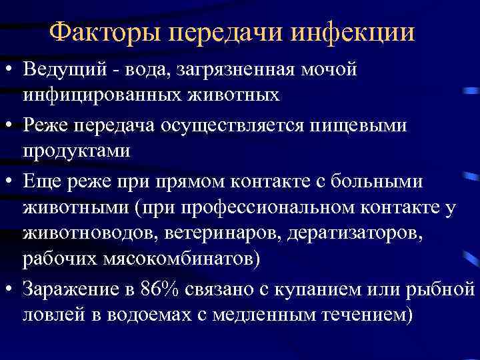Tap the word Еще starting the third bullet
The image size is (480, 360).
(x=39, y=179)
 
